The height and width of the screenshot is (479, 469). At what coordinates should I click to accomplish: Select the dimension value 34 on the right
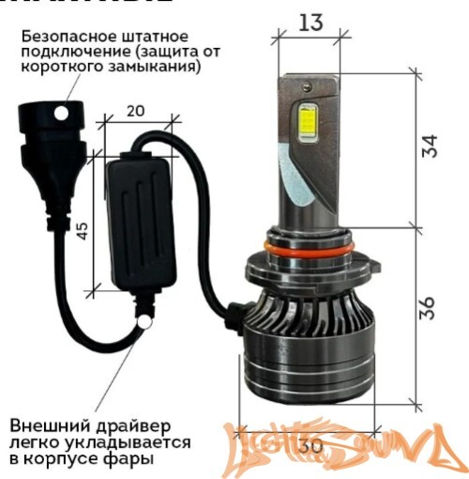pos(430,147)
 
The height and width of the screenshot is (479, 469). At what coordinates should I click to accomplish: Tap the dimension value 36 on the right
pos(430,306)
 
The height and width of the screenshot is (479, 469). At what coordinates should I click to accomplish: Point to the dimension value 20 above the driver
pos(135,111)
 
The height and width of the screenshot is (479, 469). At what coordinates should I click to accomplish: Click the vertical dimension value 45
pos(83,229)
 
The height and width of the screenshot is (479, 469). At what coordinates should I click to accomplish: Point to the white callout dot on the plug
pos(62,113)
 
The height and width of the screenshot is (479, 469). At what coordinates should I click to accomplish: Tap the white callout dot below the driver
pos(144,322)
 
